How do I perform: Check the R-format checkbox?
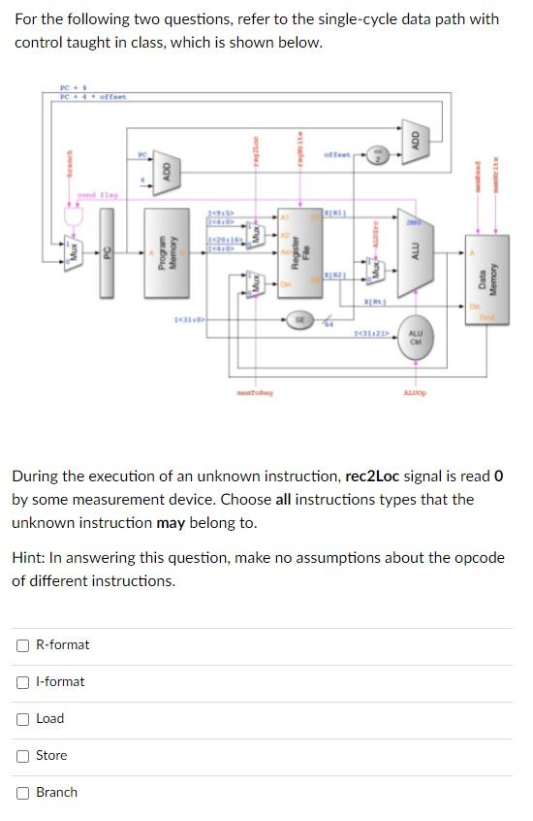pyautogui.click(x=22, y=645)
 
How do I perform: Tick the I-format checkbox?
pyautogui.click(x=22, y=682)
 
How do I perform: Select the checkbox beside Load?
pyautogui.click(x=22, y=719)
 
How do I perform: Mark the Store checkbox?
pyautogui.click(x=22, y=756)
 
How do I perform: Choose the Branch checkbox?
pyautogui.click(x=22, y=793)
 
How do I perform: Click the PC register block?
pyautogui.click(x=109, y=255)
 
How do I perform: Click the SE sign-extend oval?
pyautogui.click(x=299, y=319)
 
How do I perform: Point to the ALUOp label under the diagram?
pyautogui.click(x=415, y=392)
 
